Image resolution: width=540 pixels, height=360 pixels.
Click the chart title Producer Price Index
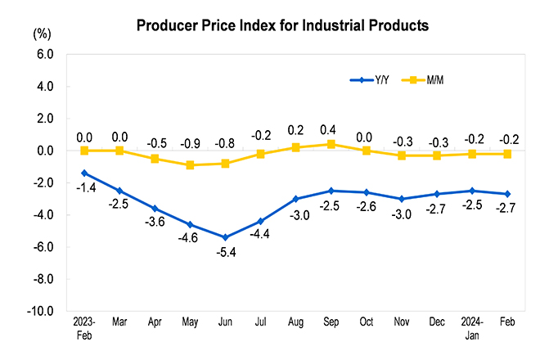tap(282, 25)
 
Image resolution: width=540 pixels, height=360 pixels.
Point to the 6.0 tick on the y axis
tap(43, 54)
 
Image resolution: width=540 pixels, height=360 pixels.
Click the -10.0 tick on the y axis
tap(40, 312)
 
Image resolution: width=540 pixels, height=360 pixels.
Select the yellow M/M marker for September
tap(331, 144)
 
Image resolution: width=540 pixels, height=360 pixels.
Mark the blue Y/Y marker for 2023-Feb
tap(83, 173)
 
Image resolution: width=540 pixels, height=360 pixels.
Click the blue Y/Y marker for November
tap(401, 199)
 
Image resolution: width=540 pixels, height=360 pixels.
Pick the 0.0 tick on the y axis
tap(43, 151)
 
